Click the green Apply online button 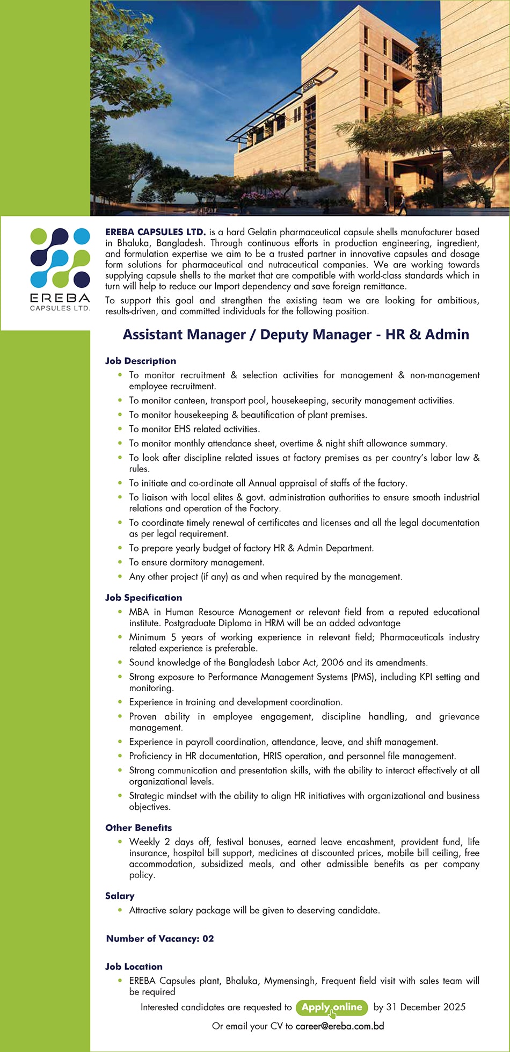click(x=332, y=1007)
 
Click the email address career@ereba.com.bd click(x=339, y=1026)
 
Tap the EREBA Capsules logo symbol click(x=60, y=258)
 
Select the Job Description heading click(x=141, y=361)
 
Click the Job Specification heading click(x=143, y=598)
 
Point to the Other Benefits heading click(x=139, y=828)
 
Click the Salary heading click(x=120, y=896)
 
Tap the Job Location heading click(x=134, y=967)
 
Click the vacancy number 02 click(x=208, y=939)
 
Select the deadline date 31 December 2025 click(x=426, y=1007)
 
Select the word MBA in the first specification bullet click(x=139, y=612)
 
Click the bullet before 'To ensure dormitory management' click(x=120, y=562)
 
